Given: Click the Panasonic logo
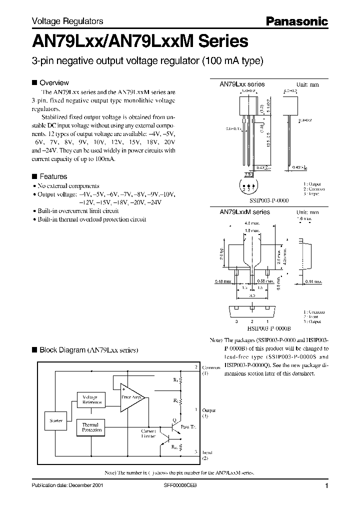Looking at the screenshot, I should click(x=296, y=21).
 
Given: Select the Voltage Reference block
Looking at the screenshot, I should click(x=93, y=399).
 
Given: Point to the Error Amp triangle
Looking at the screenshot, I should click(x=131, y=397).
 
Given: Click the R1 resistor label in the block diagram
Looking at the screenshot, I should click(x=175, y=380).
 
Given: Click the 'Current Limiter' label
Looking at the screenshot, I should click(x=149, y=433).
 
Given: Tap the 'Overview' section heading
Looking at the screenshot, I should click(x=53, y=82).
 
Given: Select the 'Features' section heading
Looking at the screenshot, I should click(x=53, y=176).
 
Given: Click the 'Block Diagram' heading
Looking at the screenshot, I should click(x=88, y=350).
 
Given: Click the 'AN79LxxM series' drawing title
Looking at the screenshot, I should click(x=245, y=212).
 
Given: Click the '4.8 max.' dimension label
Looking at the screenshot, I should click(x=250, y=222).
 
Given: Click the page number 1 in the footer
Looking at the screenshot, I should click(x=326, y=485).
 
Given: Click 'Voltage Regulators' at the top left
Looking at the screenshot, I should click(x=67, y=21).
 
